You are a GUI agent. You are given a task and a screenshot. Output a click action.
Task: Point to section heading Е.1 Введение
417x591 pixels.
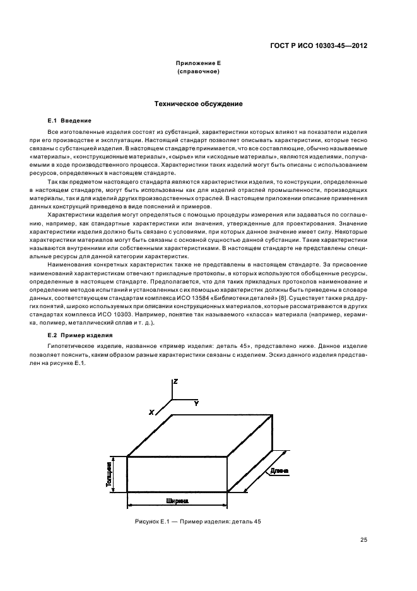tap(70, 120)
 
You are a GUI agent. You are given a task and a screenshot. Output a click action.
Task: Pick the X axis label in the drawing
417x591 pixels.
tap(152, 412)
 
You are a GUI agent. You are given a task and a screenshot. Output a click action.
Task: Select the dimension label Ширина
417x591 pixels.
tap(178, 500)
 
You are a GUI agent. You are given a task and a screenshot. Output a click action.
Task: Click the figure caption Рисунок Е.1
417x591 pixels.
tap(197, 522)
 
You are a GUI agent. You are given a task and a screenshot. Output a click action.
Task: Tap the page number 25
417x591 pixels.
tap(363, 540)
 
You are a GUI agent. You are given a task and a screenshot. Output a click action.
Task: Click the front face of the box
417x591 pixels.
tap(178, 474)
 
